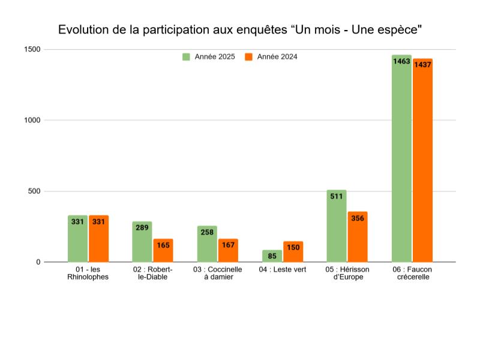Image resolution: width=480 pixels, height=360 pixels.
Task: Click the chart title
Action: tap(240, 29)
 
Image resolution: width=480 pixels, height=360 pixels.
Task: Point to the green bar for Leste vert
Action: tap(272, 256)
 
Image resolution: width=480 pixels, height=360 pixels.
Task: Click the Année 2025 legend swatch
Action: tap(187, 57)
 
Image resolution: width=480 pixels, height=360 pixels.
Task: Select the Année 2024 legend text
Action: tap(277, 57)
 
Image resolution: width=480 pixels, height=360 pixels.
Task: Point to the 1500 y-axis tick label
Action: tap(32, 49)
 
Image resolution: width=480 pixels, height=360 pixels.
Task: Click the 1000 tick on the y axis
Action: tap(32, 120)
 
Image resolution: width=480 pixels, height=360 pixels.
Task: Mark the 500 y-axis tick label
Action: tap(34, 191)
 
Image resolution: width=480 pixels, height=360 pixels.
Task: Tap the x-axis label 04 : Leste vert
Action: tap(283, 269)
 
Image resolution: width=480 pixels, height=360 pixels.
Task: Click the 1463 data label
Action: tap(401, 61)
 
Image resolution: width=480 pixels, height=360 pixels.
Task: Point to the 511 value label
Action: tap(337, 196)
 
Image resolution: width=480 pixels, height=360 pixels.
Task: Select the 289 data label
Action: tap(142, 228)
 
